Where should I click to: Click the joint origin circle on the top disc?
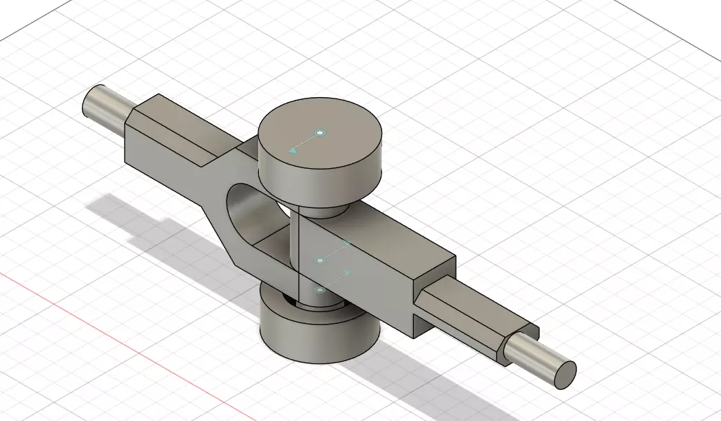click(x=320, y=132)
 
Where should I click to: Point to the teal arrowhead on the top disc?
click(x=292, y=149)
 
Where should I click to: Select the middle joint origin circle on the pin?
click(x=320, y=260)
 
